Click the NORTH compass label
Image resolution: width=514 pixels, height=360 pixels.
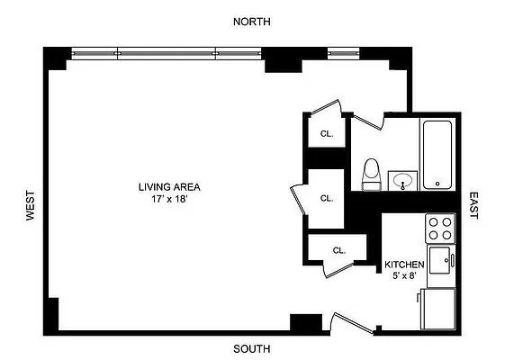coord(251,21)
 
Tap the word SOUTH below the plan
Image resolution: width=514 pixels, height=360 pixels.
coord(251,349)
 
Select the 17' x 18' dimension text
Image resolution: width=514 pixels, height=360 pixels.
coord(168,199)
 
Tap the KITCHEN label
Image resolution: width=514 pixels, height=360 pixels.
coord(404,264)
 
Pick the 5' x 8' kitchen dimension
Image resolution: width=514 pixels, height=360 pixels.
coord(404,276)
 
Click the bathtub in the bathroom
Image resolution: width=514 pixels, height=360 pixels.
coord(437,154)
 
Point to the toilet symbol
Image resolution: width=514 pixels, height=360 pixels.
coord(370,174)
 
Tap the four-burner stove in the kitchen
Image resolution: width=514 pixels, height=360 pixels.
coord(439,228)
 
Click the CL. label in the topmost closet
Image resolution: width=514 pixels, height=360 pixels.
coord(327,133)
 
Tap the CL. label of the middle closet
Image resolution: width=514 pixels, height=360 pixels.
coord(327,198)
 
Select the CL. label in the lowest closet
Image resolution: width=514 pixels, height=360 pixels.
coord(339,250)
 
